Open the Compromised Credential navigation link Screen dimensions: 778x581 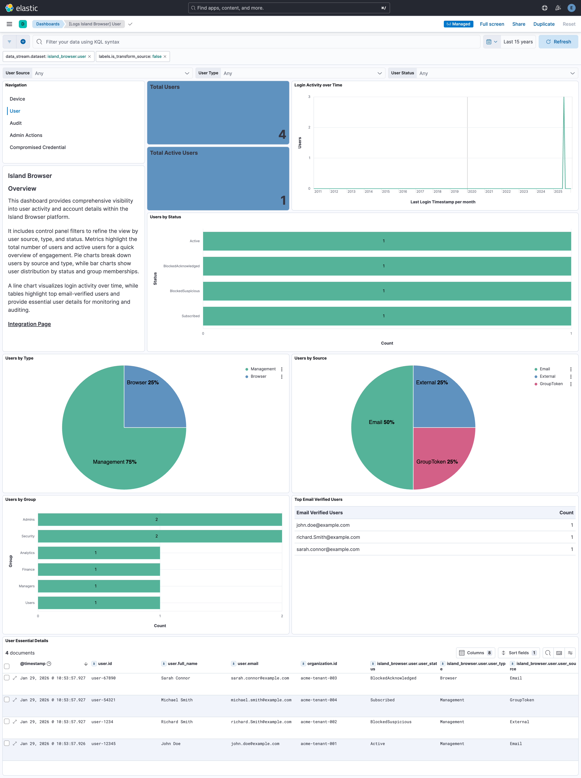[x=38, y=147]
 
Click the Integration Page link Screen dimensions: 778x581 [x=30, y=324]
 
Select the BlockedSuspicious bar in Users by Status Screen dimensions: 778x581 [x=387, y=291]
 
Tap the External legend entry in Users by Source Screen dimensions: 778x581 [x=547, y=376]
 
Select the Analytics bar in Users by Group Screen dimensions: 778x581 [x=99, y=552]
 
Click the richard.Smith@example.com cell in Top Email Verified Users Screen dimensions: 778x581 [x=328, y=537]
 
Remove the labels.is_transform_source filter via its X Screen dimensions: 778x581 [x=165, y=57]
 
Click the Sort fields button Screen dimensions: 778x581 [x=518, y=653]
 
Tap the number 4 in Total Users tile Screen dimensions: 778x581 [x=282, y=134]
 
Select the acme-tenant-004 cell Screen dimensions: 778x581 [x=318, y=700]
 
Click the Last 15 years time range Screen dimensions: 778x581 [x=518, y=42]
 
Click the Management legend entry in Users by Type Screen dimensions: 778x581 [x=263, y=369]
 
